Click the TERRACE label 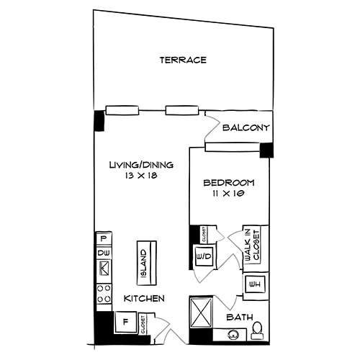[183, 60]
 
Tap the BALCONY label [246, 128]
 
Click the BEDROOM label [225, 181]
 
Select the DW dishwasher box [104, 253]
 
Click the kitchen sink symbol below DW [104, 270]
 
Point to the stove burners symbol [104, 294]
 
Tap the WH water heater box [253, 285]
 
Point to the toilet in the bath [257, 330]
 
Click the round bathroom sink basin [233, 334]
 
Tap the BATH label [238, 316]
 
